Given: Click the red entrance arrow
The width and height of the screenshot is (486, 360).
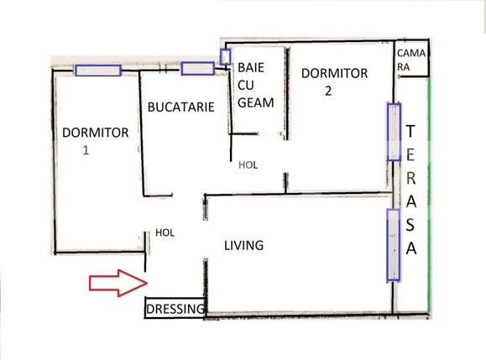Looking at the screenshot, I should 118,282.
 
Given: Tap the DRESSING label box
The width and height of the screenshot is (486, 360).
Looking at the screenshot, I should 175,310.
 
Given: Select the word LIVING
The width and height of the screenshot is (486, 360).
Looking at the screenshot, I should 244,246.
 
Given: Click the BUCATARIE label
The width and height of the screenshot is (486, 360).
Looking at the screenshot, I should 180,107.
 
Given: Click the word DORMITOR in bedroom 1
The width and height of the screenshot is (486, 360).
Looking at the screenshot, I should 95,133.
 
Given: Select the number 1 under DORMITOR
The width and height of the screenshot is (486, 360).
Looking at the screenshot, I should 85,152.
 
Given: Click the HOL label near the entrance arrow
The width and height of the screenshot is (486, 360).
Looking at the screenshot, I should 165,232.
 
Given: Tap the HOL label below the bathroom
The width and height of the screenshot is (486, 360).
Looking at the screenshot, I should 248,164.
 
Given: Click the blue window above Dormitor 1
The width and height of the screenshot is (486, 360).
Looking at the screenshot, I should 97,70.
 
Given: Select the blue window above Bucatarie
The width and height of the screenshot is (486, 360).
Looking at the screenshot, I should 198,69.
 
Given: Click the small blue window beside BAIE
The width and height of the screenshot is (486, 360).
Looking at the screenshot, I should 225,56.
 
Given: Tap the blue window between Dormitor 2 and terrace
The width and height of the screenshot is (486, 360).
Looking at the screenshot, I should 394,131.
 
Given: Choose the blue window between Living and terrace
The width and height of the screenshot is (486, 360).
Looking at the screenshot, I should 392,245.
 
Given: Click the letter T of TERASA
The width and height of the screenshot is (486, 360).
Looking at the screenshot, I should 410,131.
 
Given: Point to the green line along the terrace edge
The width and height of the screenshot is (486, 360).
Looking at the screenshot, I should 430,193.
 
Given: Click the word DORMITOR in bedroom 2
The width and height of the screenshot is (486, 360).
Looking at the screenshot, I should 334,73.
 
